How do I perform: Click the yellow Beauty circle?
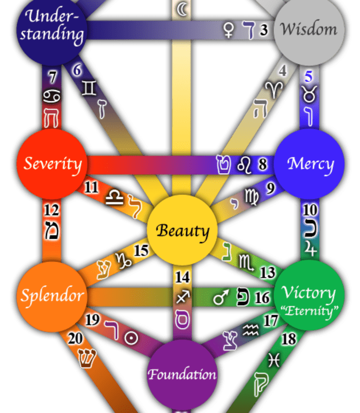click(182, 230)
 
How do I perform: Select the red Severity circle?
click(52, 164)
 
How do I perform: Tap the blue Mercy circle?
click(309, 164)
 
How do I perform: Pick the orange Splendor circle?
click(52, 297)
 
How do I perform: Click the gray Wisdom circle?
click(309, 30)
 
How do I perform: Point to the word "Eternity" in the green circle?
click(309, 311)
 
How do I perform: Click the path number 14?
click(182, 277)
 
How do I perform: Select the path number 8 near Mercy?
click(263, 164)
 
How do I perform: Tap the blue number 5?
click(309, 76)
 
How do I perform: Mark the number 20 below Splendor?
click(75, 338)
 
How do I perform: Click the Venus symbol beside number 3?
click(229, 30)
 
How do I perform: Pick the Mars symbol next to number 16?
click(221, 297)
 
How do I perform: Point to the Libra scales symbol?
click(114, 197)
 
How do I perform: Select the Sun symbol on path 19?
click(131, 338)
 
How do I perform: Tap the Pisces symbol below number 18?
click(274, 360)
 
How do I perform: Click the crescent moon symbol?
click(182, 9)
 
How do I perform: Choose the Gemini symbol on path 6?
click(89, 88)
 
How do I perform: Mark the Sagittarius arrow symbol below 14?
click(183, 297)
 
